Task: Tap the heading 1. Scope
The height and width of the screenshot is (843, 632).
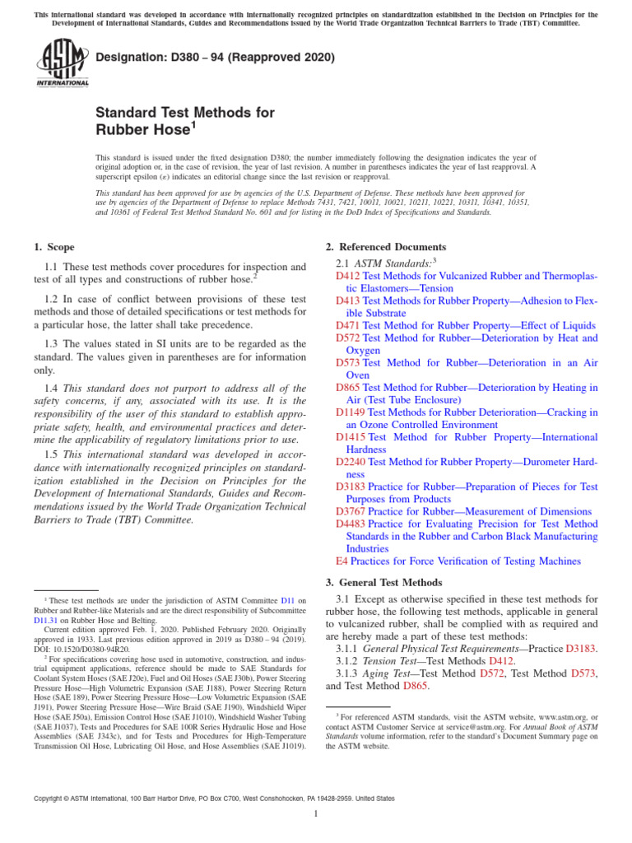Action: [x=53, y=247]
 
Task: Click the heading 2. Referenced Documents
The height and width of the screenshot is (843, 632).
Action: [x=386, y=247]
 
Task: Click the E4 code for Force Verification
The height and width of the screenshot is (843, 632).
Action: [x=342, y=561]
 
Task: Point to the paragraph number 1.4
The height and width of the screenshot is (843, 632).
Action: [x=52, y=388]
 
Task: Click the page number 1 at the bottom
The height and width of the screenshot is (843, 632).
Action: [x=316, y=813]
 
